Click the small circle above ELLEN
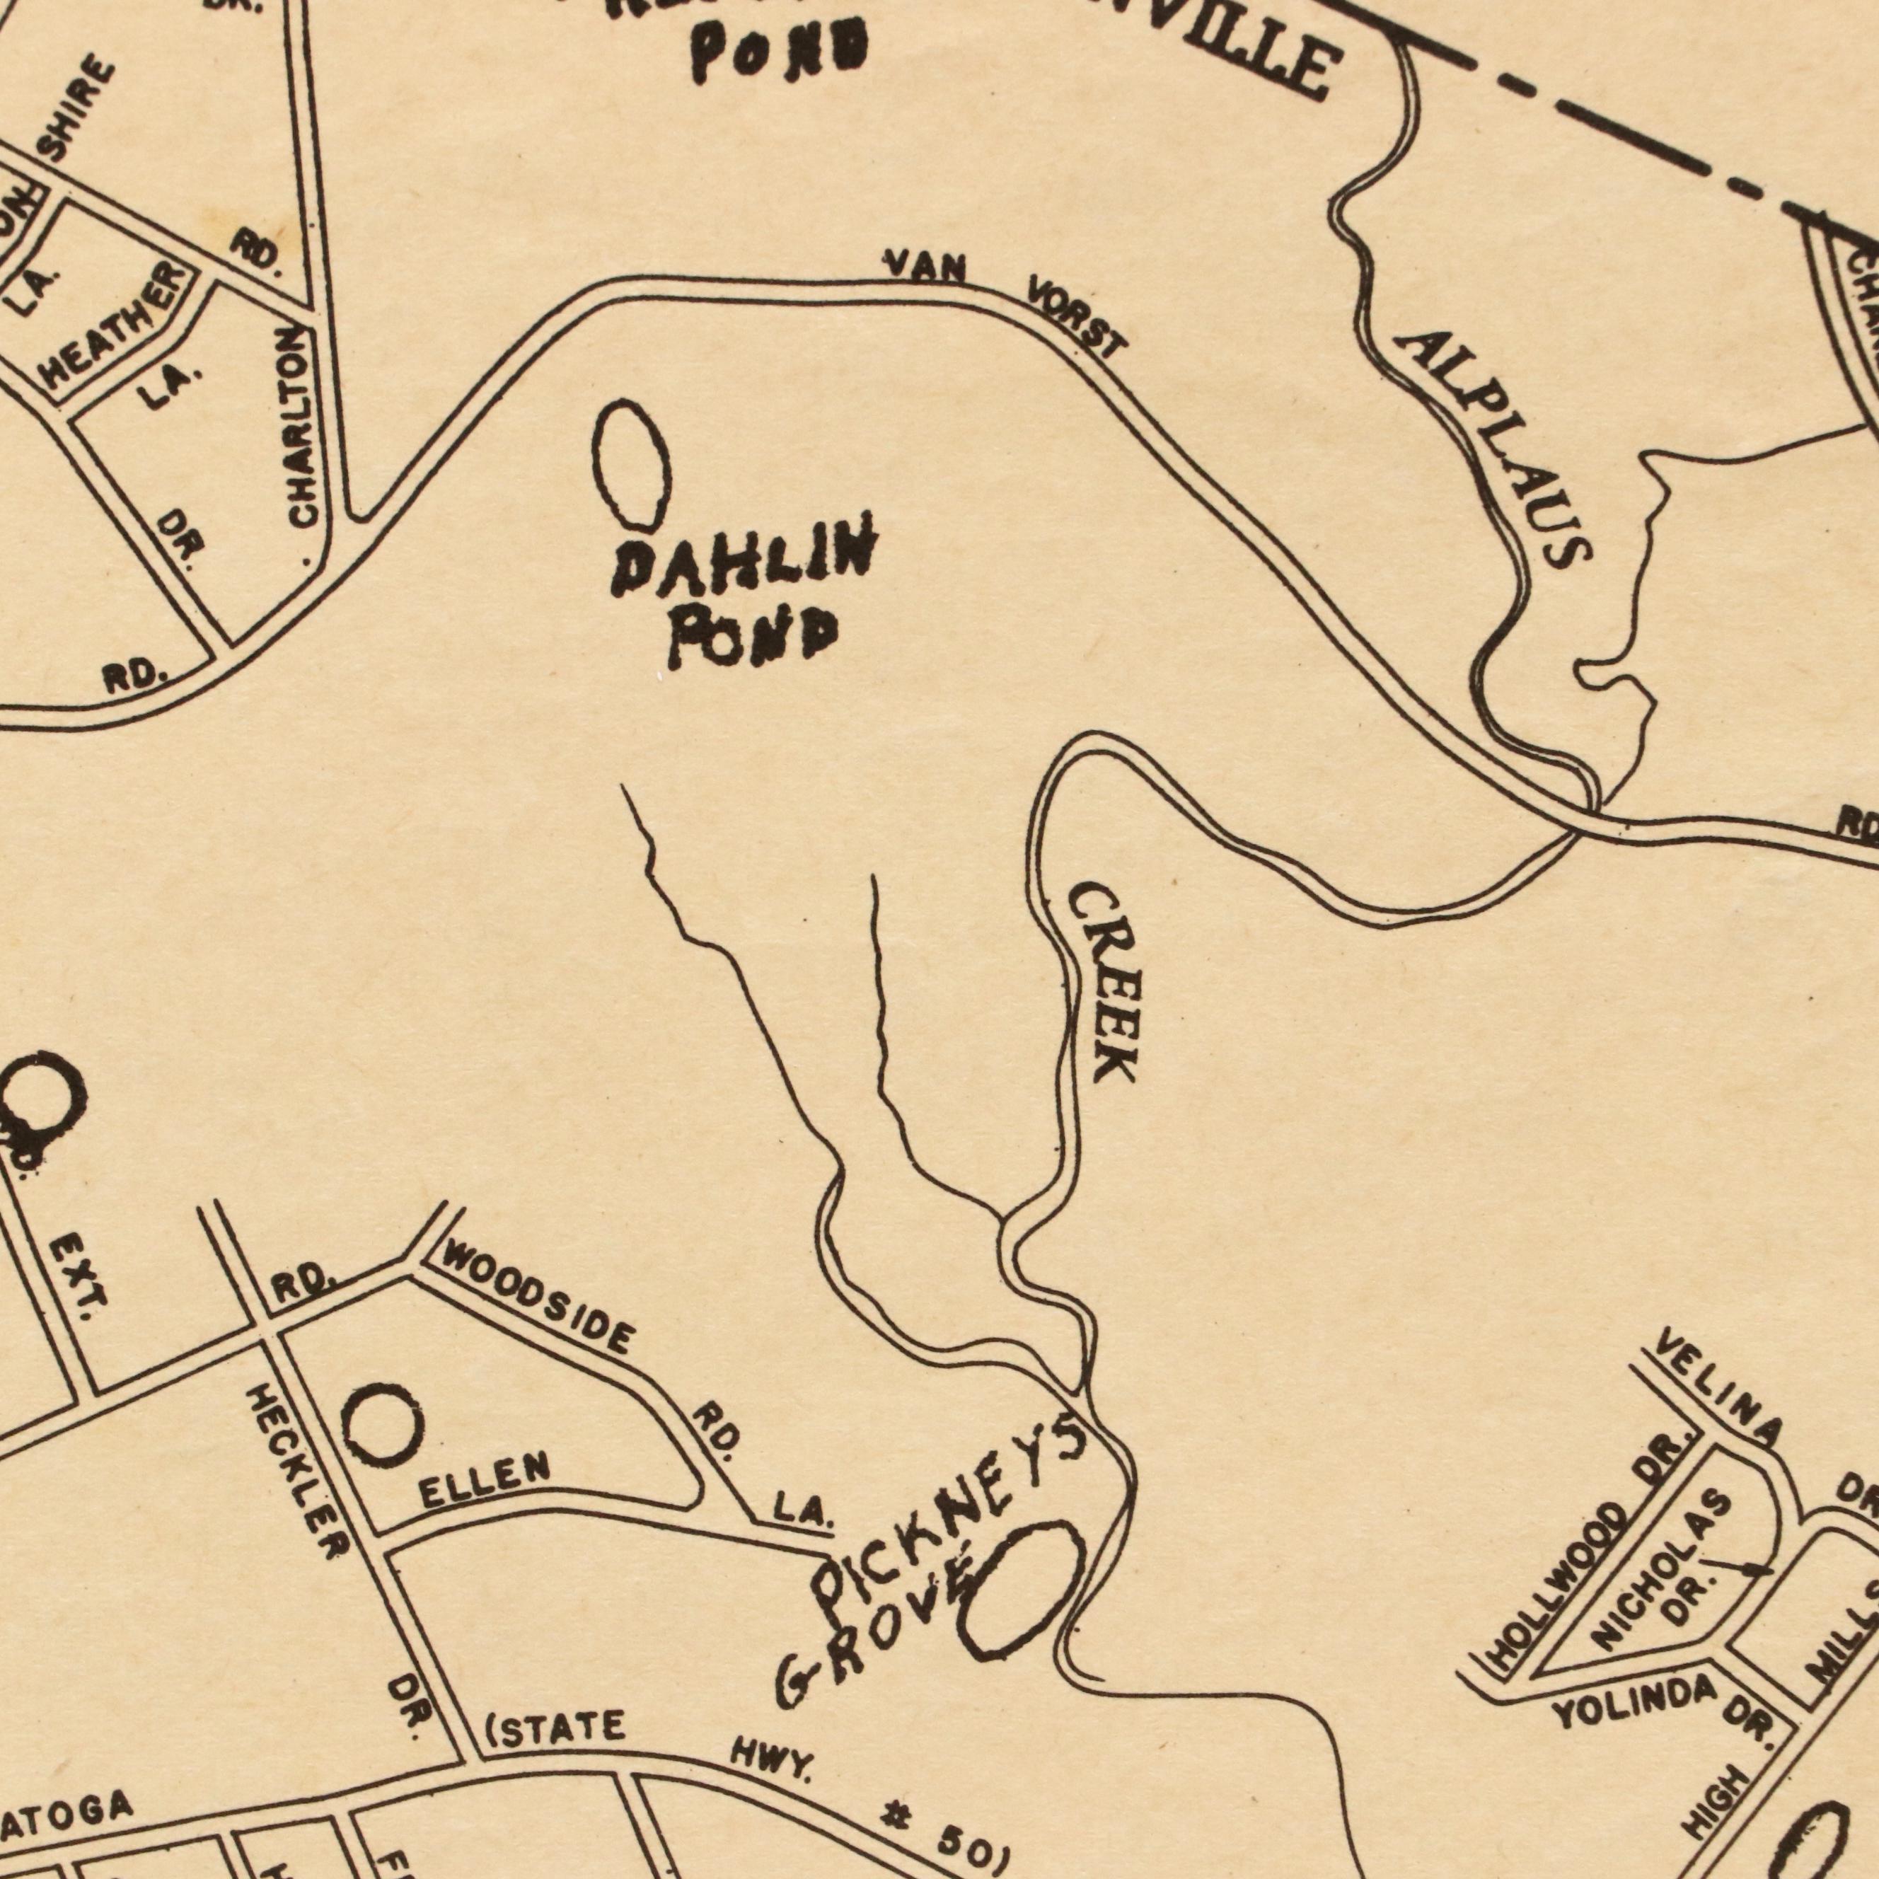[x=385, y=1426]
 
